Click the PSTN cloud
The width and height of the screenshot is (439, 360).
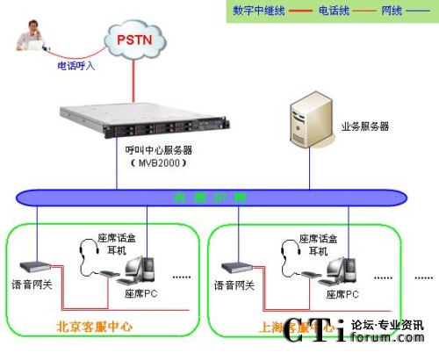[133, 40]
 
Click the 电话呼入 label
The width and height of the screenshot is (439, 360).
[76, 65]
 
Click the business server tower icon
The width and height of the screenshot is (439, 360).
[309, 123]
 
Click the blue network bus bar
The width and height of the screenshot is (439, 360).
[211, 197]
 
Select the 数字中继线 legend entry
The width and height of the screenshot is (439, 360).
[255, 11]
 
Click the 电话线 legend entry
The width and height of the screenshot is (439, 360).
[335, 11]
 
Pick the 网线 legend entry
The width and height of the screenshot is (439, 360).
[392, 11]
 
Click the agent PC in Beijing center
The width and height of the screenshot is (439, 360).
[137, 267]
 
